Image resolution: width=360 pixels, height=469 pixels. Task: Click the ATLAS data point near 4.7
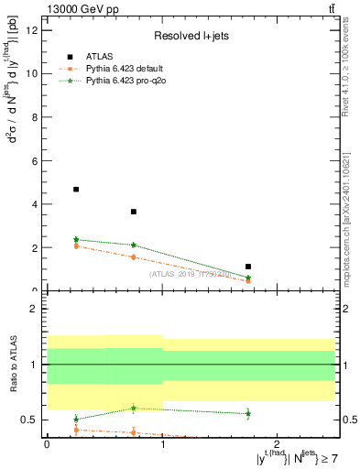point(76,190)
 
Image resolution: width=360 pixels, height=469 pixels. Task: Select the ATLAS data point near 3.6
point(134,212)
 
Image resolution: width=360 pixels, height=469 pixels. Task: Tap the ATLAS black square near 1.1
point(248,267)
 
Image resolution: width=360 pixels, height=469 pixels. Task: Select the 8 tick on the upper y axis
point(36,117)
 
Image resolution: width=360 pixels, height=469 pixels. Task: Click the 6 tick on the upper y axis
point(36,160)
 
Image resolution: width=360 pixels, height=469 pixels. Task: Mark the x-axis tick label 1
point(162,445)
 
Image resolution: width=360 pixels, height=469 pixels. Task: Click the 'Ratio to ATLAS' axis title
point(14,364)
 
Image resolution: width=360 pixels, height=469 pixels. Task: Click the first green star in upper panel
point(76,239)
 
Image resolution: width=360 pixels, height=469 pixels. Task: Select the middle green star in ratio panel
point(134,408)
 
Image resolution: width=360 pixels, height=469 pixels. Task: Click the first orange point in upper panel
point(76,245)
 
